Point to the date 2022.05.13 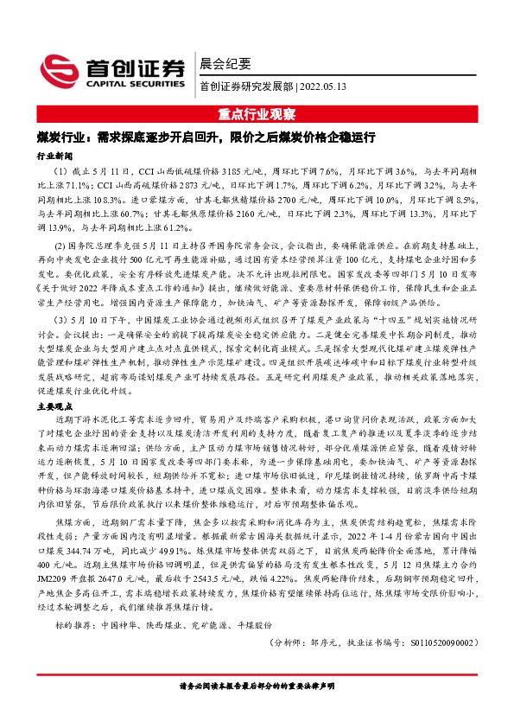[x=323, y=86]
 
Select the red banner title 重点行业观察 [x=257, y=113]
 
